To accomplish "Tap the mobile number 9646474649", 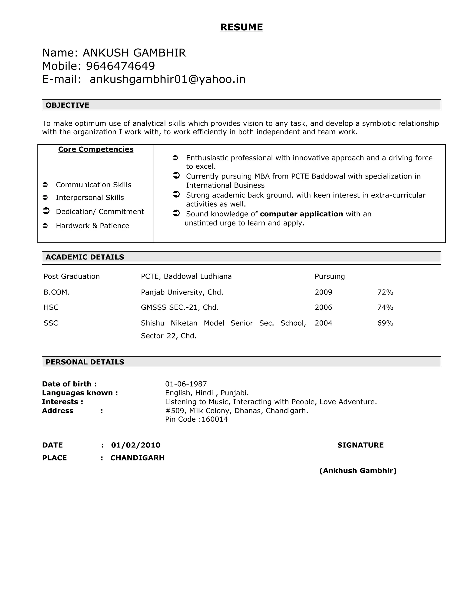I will pyautogui.click(x=120, y=66).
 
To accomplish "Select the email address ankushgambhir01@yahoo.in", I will pyautogui.click(x=168, y=79).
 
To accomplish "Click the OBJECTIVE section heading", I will pyautogui.click(x=67, y=105).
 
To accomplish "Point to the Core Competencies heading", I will pyautogui.click(x=96, y=149).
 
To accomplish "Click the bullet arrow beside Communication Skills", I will pyautogui.click(x=45, y=185).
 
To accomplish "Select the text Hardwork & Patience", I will pyautogui.click(x=93, y=226).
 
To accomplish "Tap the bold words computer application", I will pyautogui.click(x=301, y=214).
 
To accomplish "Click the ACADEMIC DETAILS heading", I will pyautogui.click(x=85, y=257).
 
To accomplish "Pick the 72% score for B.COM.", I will pyautogui.click(x=385, y=292).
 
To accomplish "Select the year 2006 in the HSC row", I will pyautogui.click(x=324, y=307).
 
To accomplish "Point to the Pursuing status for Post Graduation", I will pyautogui.click(x=330, y=276).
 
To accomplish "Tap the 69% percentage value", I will pyautogui.click(x=385, y=323).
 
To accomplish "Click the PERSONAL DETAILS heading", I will pyautogui.click(x=85, y=362).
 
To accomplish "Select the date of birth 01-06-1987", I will pyautogui.click(x=186, y=384).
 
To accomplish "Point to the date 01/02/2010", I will pyautogui.click(x=136, y=445).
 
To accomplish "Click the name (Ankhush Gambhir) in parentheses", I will pyautogui.click(x=358, y=470).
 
